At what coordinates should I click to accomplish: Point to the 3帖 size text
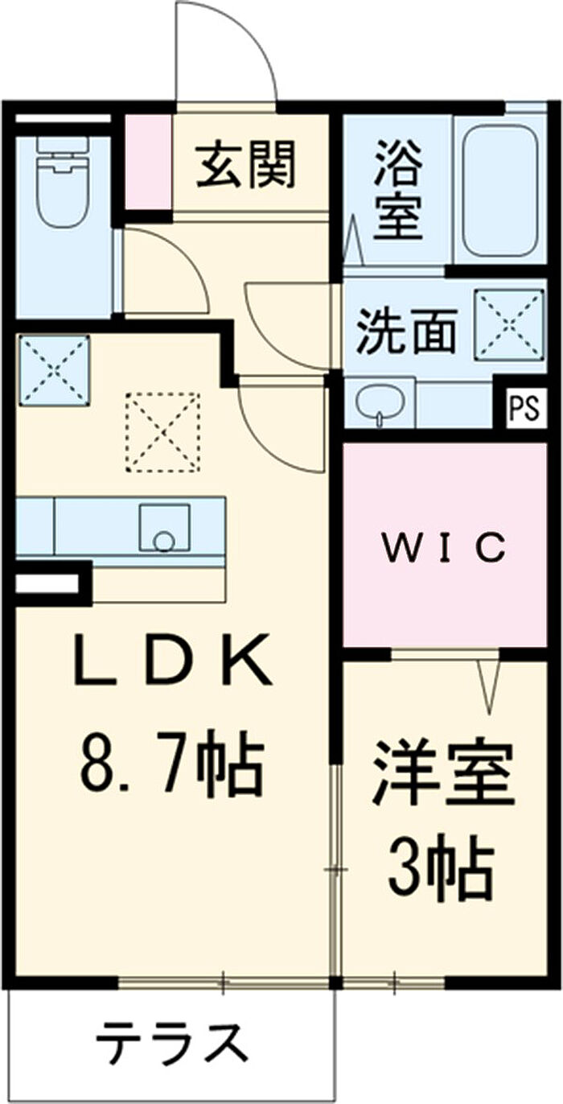pyautogui.click(x=440, y=870)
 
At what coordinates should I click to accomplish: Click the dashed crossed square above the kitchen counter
pyautogui.click(x=163, y=430)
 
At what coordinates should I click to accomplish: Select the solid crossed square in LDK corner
pyautogui.click(x=54, y=369)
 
